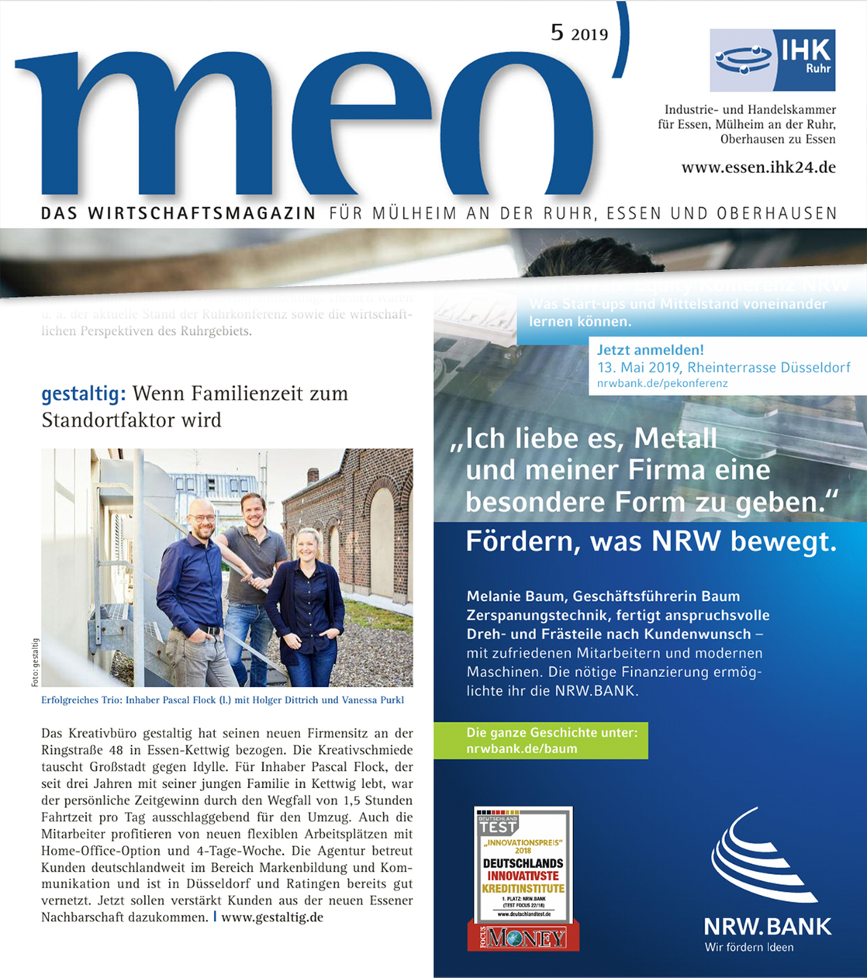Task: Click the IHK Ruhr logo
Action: [772, 60]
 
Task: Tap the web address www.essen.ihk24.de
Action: [758, 167]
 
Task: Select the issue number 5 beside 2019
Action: [557, 32]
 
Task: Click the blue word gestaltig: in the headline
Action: [83, 394]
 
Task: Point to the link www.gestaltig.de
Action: [272, 917]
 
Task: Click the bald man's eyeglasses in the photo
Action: [201, 517]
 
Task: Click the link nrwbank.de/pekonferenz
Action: [662, 383]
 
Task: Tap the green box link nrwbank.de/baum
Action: [521, 749]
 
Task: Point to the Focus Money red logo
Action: [523, 937]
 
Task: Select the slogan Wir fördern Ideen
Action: [748, 947]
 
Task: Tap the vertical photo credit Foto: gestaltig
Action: [35, 662]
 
